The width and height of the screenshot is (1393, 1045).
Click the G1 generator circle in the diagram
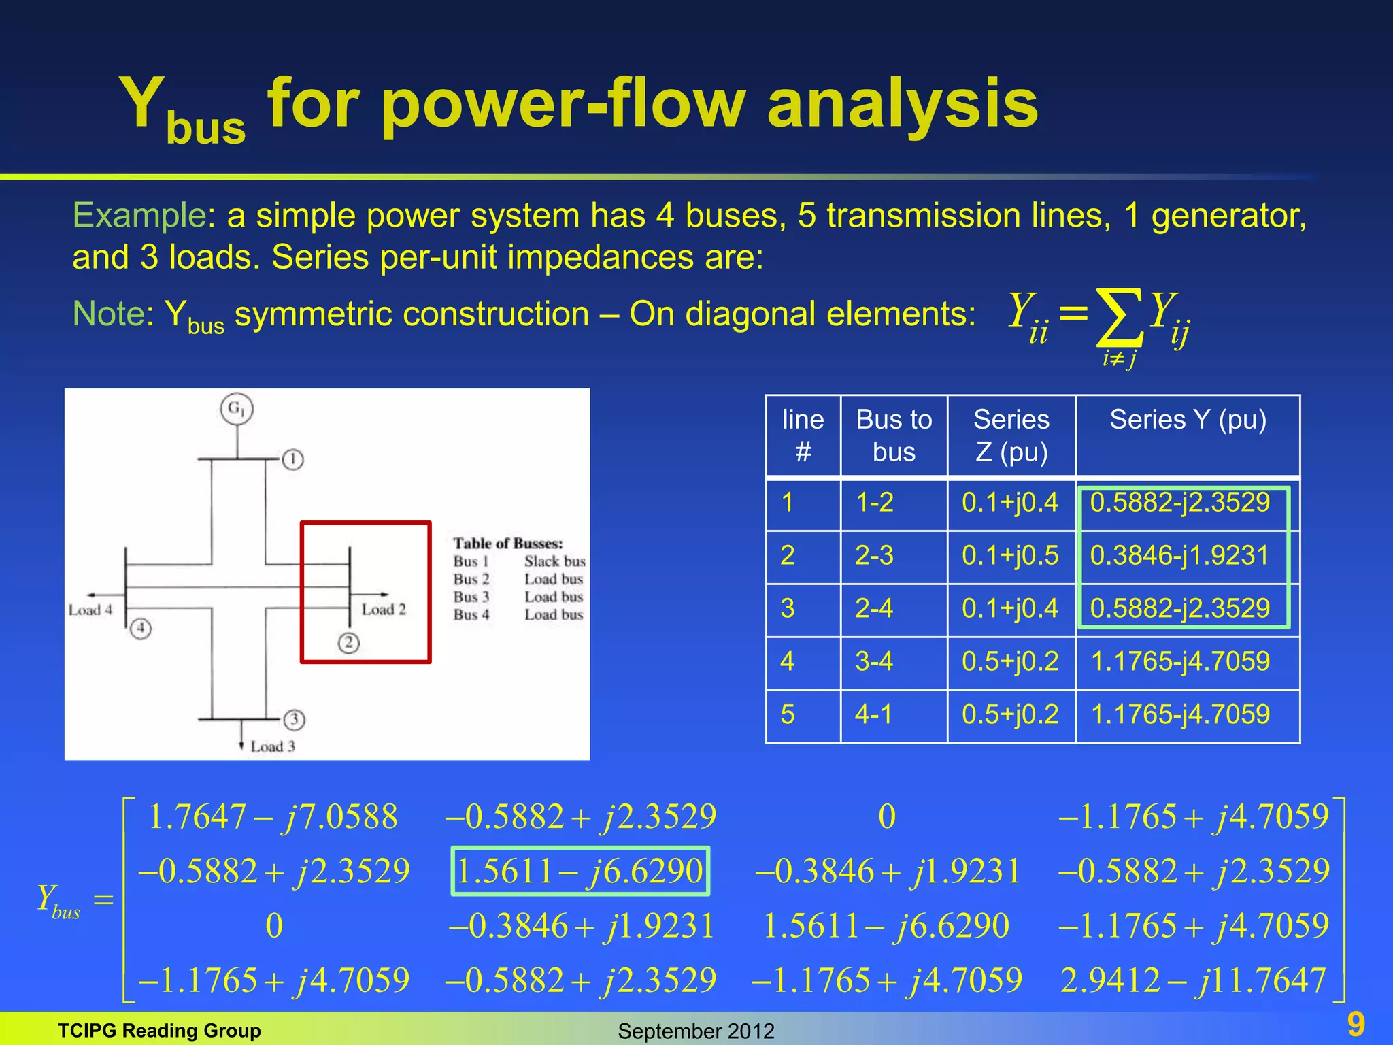pyautogui.click(x=237, y=409)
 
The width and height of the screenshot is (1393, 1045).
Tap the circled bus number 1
pyautogui.click(x=293, y=460)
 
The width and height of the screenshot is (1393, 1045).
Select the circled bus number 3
pyautogui.click(x=294, y=719)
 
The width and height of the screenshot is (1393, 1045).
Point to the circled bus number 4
pyautogui.click(x=141, y=627)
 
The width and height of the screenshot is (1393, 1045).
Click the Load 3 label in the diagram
pyautogui.click(x=273, y=746)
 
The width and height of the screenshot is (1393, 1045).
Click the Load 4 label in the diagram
pyautogui.click(x=90, y=610)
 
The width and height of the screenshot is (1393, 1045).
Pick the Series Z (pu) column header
pyautogui.click(x=1011, y=435)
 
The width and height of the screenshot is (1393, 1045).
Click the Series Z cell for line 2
pyautogui.click(x=1010, y=556)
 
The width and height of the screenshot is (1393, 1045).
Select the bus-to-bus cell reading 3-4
pyautogui.click(x=874, y=661)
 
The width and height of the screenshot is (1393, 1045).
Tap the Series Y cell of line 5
pyautogui.click(x=1180, y=714)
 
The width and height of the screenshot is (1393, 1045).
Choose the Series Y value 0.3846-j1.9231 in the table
pyautogui.click(x=1180, y=556)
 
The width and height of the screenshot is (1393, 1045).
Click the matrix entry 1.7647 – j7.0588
pyautogui.click(x=272, y=816)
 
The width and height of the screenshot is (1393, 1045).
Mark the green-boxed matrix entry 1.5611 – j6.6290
pyautogui.click(x=580, y=872)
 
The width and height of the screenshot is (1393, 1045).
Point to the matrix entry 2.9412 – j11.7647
pyautogui.click(x=1193, y=980)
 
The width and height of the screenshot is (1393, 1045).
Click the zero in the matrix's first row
pyautogui.click(x=887, y=816)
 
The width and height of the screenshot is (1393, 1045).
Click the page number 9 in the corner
pyautogui.click(x=1356, y=1024)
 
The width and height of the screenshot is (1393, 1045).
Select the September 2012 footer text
pyautogui.click(x=696, y=1031)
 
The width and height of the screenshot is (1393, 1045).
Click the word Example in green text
pyautogui.click(x=139, y=216)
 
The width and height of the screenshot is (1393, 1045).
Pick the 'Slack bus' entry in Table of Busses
pyautogui.click(x=554, y=561)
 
